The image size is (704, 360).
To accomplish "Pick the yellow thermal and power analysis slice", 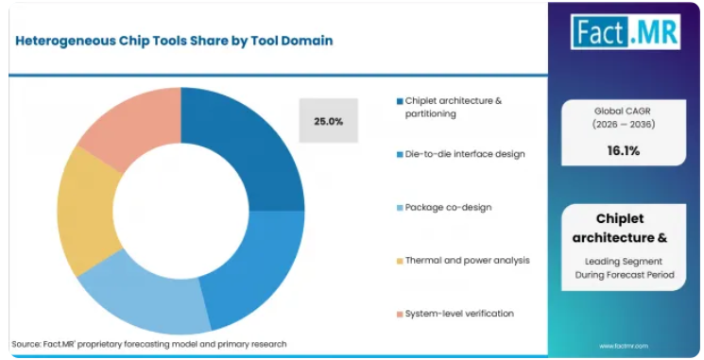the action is point(88,211).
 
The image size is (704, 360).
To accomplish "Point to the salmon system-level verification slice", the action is point(130,121).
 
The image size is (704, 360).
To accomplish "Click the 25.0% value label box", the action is point(329,121).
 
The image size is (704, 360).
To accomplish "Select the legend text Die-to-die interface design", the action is point(465,154).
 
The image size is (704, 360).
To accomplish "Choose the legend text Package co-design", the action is point(448,207).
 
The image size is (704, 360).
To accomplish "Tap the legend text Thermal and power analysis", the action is point(468,261).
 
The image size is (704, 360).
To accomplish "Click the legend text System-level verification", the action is point(459,314).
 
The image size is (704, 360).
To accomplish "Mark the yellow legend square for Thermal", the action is point(400,261).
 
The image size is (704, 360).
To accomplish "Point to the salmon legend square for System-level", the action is point(400,314).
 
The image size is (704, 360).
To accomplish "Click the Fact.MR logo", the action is point(626,31).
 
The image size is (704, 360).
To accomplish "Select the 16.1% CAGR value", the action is point(623,151).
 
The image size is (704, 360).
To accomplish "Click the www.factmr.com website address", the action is point(624,346).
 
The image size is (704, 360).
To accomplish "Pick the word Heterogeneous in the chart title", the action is point(66,41).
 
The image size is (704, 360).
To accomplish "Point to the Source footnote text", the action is point(149,344).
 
